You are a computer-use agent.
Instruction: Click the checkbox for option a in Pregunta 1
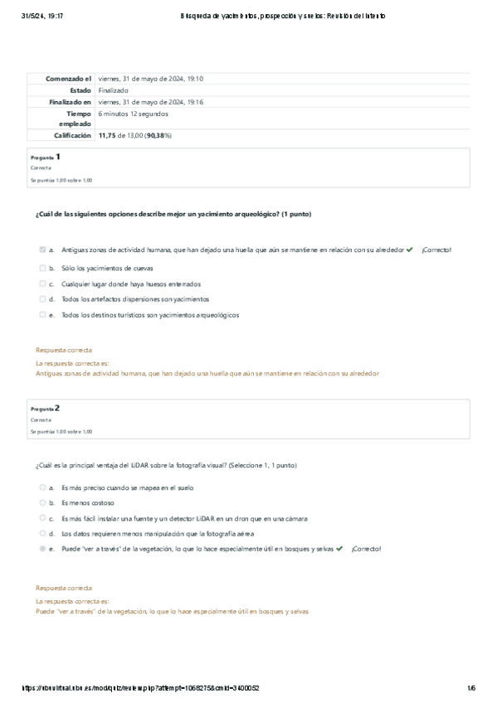41,250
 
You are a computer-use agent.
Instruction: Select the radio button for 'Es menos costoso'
41,502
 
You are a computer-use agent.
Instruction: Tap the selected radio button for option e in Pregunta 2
41,549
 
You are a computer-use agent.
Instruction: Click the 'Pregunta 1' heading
45,156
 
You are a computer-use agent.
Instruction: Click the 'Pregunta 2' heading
45,409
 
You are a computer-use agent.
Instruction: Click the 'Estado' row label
80,90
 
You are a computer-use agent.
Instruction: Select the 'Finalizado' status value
113,90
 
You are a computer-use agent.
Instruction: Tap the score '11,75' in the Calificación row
107,134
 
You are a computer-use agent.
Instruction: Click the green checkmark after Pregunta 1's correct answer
410,250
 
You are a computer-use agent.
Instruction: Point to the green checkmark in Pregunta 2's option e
339,549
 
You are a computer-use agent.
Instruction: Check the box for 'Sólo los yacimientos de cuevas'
41,269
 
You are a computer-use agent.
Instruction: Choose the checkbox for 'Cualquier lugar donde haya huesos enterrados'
41,284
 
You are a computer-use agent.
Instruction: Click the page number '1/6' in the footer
470,688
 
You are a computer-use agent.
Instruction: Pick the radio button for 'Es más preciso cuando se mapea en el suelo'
41,487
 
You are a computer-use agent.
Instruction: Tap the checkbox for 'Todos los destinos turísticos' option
41,315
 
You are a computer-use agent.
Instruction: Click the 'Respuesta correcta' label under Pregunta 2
64,587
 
